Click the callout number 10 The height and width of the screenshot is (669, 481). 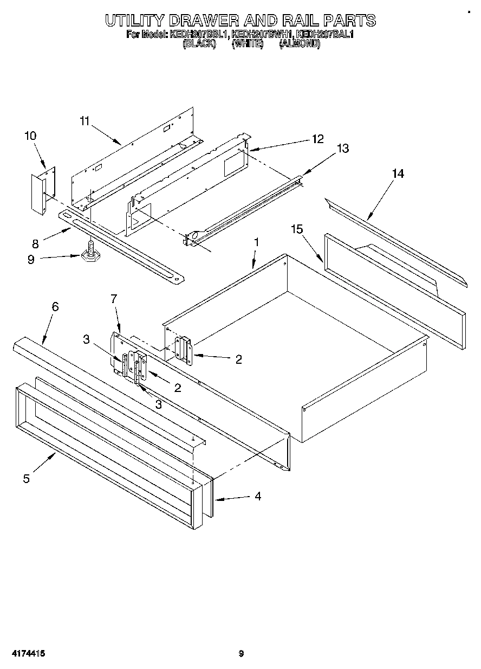(30, 136)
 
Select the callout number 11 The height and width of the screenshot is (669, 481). (84, 121)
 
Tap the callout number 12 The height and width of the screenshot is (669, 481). (317, 139)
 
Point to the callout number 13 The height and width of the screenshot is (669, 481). (343, 149)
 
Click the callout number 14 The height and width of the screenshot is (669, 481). (398, 173)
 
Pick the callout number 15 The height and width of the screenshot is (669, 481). (297, 230)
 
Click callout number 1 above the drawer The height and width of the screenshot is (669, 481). (256, 242)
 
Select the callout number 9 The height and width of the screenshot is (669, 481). (31, 260)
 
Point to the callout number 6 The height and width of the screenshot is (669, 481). (55, 306)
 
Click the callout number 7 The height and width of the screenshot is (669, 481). (114, 298)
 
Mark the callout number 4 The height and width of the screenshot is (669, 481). (258, 496)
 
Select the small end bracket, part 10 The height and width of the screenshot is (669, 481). (40, 192)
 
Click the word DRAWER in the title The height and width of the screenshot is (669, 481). (204, 21)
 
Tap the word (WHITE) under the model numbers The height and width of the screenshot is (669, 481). (247, 45)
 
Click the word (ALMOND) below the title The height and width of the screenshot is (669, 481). (300, 45)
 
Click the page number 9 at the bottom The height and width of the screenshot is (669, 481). (242, 653)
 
